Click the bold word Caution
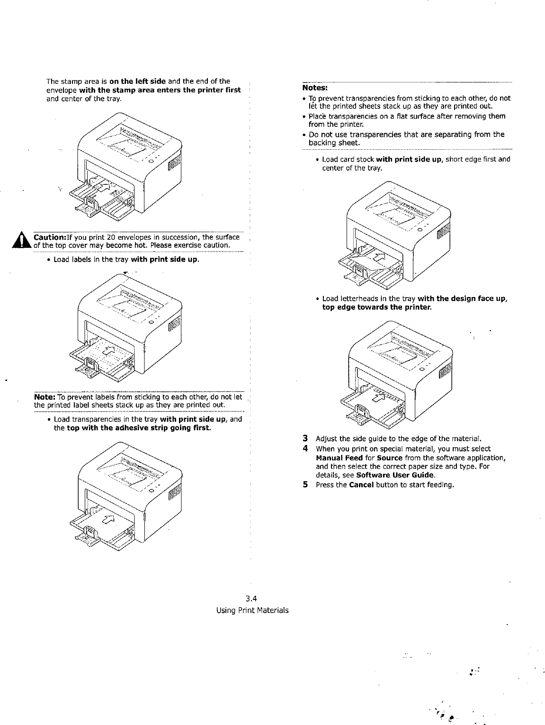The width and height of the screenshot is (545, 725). [x=49, y=237]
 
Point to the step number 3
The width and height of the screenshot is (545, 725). [x=306, y=437]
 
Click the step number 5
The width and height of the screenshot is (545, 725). [x=306, y=484]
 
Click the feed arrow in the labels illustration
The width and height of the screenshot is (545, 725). [x=109, y=350]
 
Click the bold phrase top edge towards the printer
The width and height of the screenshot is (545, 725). [x=374, y=307]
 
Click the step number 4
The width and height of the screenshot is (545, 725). [x=306, y=448]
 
